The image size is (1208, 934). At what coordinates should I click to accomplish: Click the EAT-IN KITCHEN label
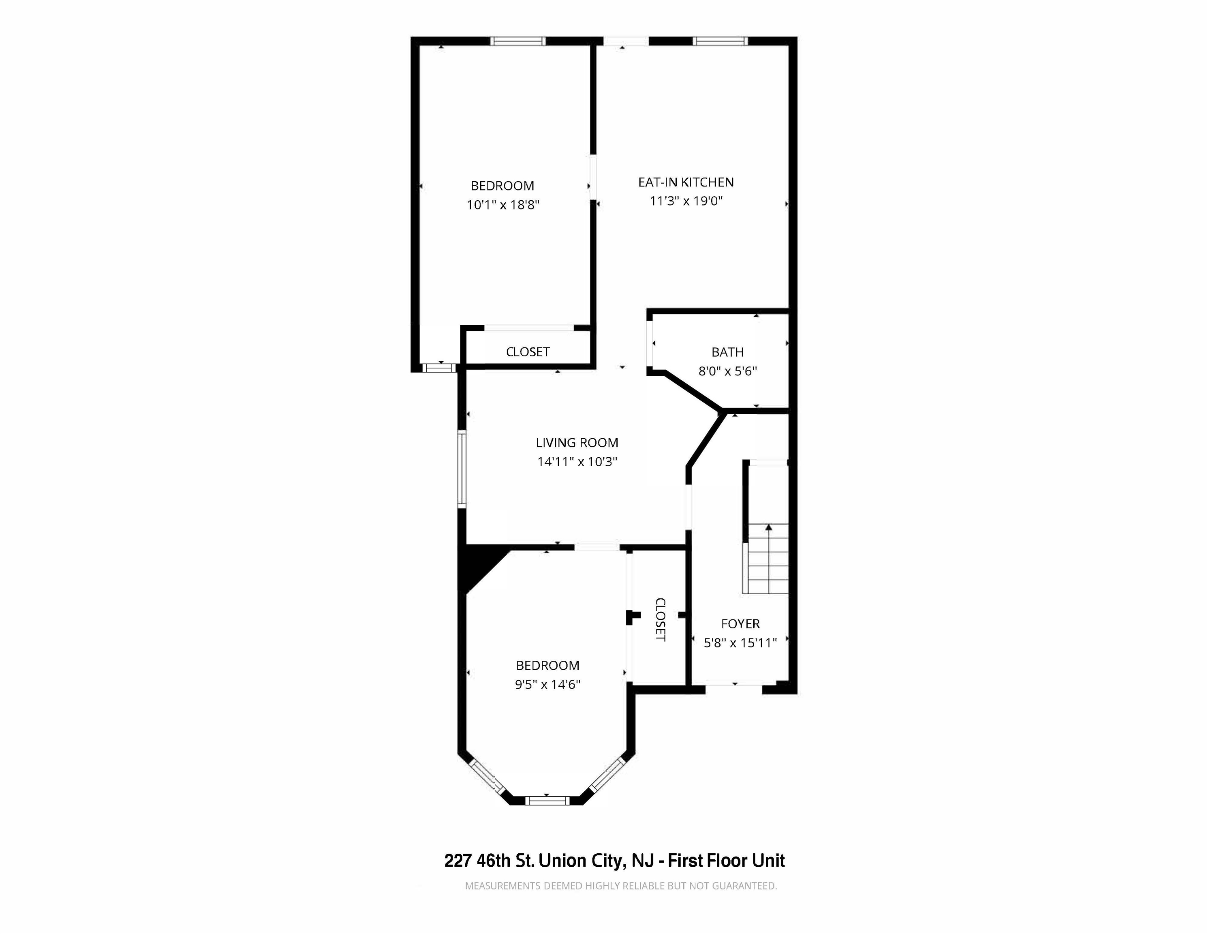click(686, 182)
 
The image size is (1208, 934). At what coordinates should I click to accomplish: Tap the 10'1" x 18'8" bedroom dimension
click(503, 205)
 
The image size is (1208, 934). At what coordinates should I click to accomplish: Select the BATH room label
click(727, 352)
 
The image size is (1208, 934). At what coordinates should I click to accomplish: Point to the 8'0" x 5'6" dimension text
click(727, 371)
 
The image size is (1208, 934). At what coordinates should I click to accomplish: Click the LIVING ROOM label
click(577, 443)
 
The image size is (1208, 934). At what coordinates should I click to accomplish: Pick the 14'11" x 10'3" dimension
click(577, 461)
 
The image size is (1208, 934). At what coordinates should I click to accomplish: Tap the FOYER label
click(740, 623)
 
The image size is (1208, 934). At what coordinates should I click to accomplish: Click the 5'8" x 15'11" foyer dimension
click(740, 643)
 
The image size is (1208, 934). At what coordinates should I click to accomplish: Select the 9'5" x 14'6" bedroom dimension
click(547, 684)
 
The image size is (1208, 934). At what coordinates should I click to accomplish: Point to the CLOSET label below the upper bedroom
click(528, 352)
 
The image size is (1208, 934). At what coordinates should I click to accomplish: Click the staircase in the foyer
click(765, 559)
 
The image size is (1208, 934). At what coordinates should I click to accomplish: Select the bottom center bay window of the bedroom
click(547, 801)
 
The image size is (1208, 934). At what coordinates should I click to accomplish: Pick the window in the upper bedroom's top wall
click(518, 41)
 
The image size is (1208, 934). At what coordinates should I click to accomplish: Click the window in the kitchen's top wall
click(720, 41)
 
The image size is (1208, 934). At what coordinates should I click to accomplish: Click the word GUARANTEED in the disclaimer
click(744, 886)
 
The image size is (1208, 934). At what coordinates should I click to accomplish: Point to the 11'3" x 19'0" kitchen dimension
click(686, 201)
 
